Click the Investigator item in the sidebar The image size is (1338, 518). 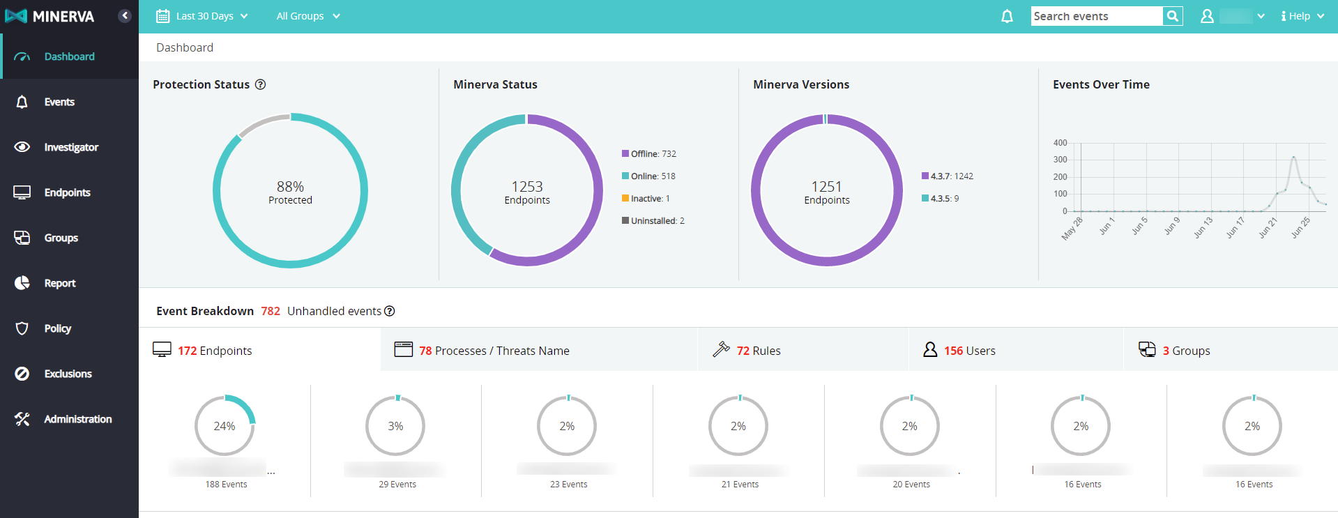tap(70, 147)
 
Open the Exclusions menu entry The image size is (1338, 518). tap(68, 374)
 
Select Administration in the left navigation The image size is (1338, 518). tap(77, 419)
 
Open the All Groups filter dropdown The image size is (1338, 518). tap(307, 16)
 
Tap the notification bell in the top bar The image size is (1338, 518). tap(1007, 16)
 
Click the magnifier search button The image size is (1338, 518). tap(1173, 16)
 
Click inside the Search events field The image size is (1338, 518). tap(1096, 16)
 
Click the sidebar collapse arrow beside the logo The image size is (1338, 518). tap(125, 15)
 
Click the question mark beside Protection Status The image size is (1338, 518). tap(261, 84)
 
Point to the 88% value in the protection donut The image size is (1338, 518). tap(290, 187)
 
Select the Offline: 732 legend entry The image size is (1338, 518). tap(649, 154)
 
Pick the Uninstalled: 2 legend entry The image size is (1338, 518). tap(653, 221)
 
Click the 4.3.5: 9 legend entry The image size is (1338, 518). tap(941, 199)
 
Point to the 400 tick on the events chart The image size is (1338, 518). tap(1060, 143)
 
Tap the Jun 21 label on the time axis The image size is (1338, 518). tap(1268, 227)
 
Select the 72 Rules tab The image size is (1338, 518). tap(758, 351)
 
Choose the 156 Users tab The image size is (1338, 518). tap(969, 351)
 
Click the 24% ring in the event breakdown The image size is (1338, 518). tap(225, 426)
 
